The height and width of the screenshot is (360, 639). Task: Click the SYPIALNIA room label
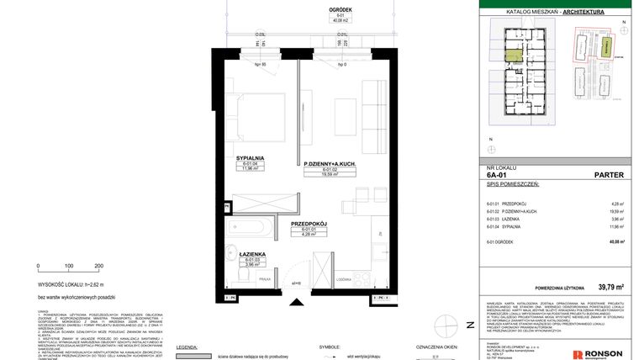(x=251, y=157)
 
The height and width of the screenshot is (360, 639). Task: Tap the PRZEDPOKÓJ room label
(x=307, y=224)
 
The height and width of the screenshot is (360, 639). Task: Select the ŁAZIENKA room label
(x=252, y=254)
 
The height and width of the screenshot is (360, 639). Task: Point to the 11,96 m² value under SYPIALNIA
(x=251, y=169)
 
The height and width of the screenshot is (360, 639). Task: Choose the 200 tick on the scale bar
(x=98, y=266)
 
